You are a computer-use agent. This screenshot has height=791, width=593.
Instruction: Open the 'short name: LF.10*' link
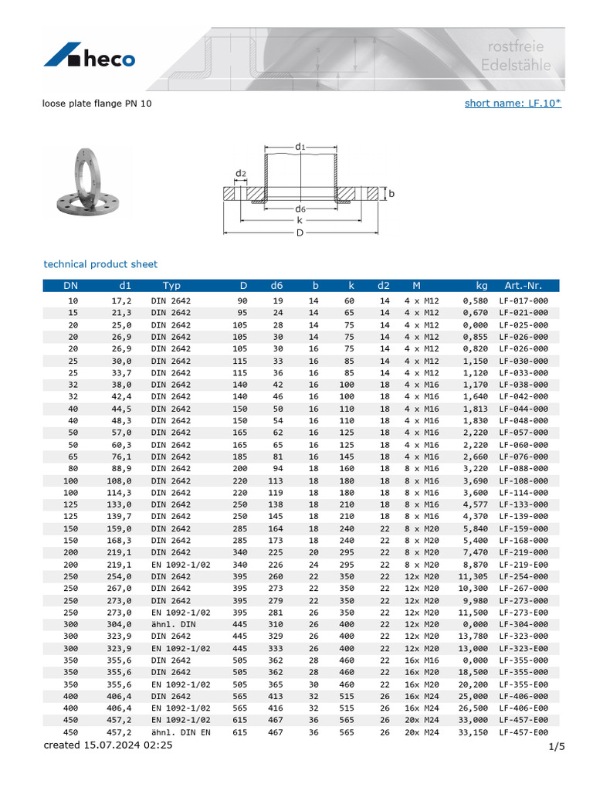pos(513,103)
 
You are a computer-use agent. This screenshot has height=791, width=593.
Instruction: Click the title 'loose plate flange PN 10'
pos(97,103)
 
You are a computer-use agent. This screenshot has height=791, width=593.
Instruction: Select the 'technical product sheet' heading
pos(100,264)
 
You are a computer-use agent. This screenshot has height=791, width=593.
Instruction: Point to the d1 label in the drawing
pos(300,146)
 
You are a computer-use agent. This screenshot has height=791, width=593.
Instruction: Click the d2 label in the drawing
pos(241,174)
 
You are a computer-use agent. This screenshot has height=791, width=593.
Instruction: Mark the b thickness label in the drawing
pos(391,195)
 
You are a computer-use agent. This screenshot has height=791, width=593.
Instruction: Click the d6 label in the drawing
pos(300,209)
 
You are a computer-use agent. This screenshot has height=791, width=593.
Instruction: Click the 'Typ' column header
pos(171,286)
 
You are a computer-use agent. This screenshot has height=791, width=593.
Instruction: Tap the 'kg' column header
pos(482,286)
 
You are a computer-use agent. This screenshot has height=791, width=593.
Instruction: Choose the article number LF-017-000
pos(524,300)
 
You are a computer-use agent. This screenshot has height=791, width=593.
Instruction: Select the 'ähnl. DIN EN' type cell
pos(181,732)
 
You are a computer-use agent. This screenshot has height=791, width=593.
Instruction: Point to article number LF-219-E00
pos(524,565)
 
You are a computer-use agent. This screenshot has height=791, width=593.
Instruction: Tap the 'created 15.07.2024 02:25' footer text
pos(108,745)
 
